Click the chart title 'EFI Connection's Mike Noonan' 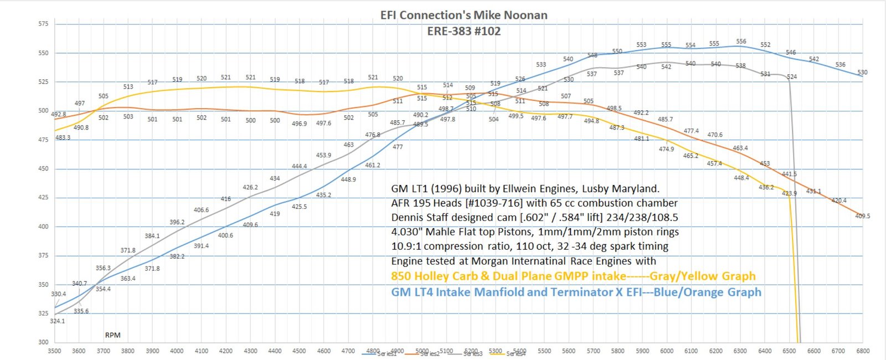463,16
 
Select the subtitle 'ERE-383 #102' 463,32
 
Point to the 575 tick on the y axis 43,24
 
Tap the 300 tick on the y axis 43,342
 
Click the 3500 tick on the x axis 54,351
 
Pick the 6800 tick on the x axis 862,351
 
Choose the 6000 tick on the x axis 667,351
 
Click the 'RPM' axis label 112,335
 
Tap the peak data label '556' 741,42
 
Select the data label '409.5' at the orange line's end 862,216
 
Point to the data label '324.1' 58,321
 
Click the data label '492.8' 58,115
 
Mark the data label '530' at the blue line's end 862,73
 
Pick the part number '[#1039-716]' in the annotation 493,203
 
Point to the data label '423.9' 789,194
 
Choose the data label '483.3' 63,138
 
